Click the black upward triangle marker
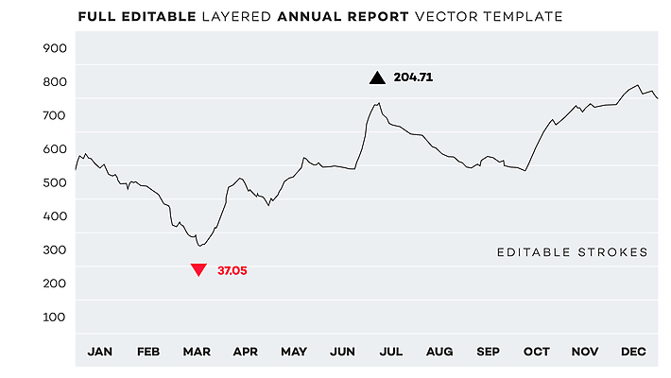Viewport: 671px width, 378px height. coord(377,78)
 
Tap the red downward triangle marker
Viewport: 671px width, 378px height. coord(198,270)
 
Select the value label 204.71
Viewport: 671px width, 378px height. coord(413,78)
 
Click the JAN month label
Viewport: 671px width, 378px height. coord(99,352)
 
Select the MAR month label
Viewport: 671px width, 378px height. coord(197,352)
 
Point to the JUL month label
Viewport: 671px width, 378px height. coord(390,352)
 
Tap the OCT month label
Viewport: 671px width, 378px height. coord(536,352)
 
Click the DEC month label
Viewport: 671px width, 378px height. coord(633,352)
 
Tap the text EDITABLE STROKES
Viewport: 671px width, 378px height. coord(572,252)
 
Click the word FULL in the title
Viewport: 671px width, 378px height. coord(98,16)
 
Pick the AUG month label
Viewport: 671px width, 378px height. coord(439,352)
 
